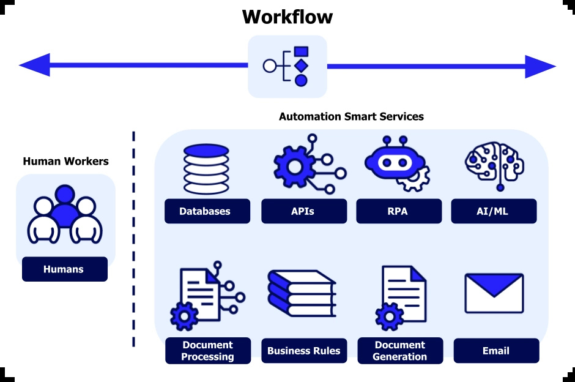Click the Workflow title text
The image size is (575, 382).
(x=287, y=17)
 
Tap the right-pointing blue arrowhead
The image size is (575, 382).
(x=540, y=66)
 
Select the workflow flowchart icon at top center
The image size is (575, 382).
(x=287, y=66)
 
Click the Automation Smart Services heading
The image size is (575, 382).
(x=351, y=116)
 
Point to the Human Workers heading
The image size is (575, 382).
(x=65, y=162)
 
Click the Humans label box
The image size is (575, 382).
(x=64, y=269)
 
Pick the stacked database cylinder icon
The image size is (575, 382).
(x=206, y=169)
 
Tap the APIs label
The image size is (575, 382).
(x=303, y=211)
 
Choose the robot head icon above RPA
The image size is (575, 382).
(x=395, y=162)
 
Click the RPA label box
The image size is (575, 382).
(x=398, y=211)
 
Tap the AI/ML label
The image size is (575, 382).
(x=494, y=211)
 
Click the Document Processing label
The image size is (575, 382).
(x=207, y=351)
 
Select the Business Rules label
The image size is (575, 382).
(x=303, y=351)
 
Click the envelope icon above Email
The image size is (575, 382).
(x=494, y=293)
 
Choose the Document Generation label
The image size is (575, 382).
(x=399, y=351)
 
